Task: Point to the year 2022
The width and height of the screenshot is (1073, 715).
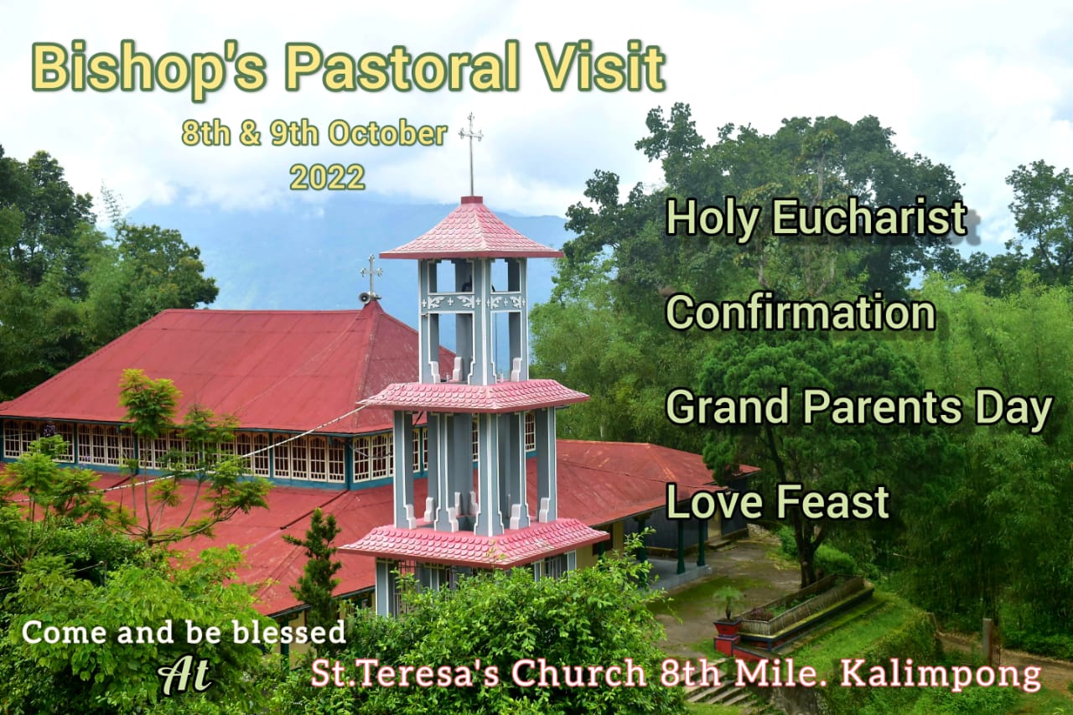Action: click(327, 178)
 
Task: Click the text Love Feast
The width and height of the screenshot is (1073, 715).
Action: click(777, 501)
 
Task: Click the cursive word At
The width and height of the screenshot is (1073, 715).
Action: click(184, 675)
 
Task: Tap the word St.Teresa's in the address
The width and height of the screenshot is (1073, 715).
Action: click(405, 673)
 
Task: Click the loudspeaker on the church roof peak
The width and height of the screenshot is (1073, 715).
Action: click(365, 298)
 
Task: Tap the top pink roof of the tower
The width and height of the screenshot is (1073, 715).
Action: click(472, 230)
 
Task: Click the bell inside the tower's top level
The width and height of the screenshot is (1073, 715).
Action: click(464, 287)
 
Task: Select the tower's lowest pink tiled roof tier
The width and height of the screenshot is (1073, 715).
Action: click(474, 545)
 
